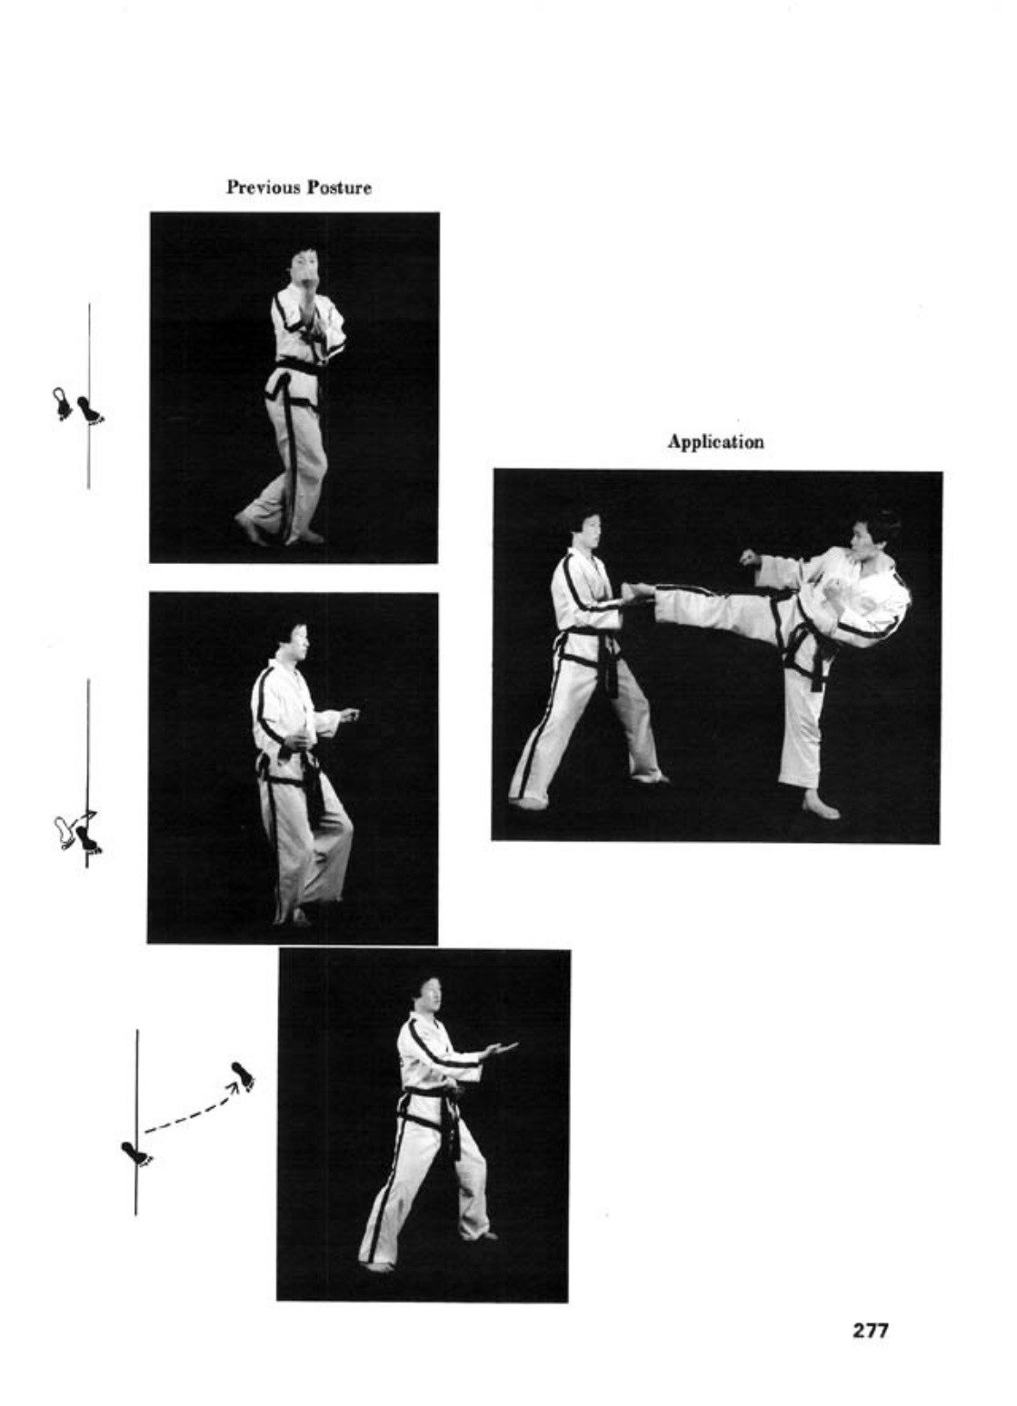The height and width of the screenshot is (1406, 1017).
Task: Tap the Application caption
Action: click(x=715, y=442)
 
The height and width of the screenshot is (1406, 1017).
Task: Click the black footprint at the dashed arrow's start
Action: click(x=135, y=1153)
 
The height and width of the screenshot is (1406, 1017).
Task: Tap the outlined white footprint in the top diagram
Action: click(x=62, y=404)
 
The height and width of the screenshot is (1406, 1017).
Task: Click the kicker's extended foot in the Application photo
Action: click(x=635, y=592)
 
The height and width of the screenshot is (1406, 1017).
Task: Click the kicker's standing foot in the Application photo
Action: click(x=820, y=807)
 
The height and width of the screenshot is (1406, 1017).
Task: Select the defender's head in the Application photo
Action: click(x=585, y=530)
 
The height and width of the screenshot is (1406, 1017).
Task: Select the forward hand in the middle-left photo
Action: click(x=349, y=715)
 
